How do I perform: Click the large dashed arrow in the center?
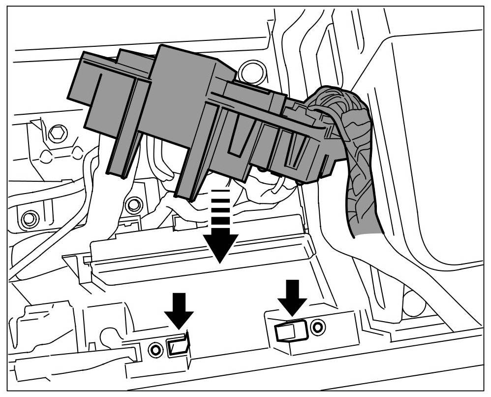coord(220,232)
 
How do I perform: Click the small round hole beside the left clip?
coord(155,350)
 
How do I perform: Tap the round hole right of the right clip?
coord(318,326)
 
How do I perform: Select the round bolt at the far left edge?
coord(30,217)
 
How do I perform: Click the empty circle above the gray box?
coord(251,70)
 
